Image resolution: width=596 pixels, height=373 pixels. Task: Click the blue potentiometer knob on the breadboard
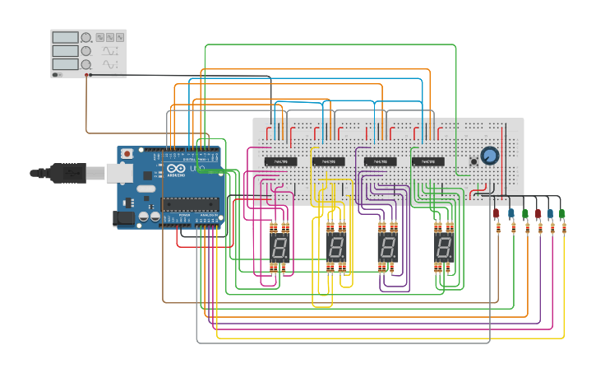click(489, 155)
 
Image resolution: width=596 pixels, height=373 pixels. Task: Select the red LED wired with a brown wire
click(497, 214)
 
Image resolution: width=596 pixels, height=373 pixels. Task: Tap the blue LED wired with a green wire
click(511, 214)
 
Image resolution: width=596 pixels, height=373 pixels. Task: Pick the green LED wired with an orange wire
click(525, 214)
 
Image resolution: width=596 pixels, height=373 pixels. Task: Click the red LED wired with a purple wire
click(538, 214)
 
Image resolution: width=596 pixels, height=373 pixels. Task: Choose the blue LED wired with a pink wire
click(550, 214)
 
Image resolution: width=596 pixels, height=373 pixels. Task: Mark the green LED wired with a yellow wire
click(562, 214)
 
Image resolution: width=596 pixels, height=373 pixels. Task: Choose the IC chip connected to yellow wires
click(330, 161)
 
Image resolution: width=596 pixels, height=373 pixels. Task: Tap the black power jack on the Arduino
click(123, 217)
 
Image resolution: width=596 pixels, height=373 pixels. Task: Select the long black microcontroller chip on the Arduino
click(191, 203)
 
